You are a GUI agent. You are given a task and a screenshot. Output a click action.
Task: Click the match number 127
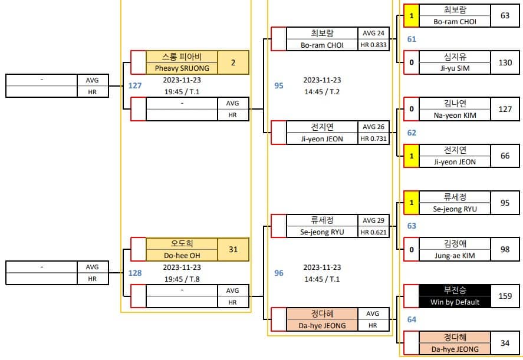(135, 85)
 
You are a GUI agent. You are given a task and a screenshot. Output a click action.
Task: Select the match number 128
(135, 273)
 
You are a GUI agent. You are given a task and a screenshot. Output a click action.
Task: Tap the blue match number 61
(412, 39)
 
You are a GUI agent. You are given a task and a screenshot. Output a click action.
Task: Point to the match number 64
(412, 320)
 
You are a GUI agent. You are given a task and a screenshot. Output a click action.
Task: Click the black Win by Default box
(455, 296)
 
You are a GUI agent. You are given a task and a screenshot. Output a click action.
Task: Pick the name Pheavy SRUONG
(182, 68)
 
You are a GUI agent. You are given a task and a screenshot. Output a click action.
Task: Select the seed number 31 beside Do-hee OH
(233, 249)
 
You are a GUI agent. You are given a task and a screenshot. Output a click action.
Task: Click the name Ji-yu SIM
(455, 68)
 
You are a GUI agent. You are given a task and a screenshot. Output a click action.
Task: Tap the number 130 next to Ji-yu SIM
(505, 62)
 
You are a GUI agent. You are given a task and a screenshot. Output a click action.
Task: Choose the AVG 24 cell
(374, 34)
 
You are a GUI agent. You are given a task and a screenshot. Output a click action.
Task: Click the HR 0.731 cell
(374, 138)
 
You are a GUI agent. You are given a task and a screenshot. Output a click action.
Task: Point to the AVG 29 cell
(374, 221)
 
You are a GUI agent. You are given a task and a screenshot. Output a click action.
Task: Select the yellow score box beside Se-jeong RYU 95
(412, 203)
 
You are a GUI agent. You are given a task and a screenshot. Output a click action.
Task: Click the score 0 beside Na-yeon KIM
(412, 109)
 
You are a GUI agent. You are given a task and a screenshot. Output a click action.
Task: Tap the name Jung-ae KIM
(455, 256)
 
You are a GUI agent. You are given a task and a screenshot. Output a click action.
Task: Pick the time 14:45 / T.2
(322, 92)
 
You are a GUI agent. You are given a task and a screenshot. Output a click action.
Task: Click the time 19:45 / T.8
(182, 279)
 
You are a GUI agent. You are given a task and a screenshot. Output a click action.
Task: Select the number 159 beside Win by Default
(505, 296)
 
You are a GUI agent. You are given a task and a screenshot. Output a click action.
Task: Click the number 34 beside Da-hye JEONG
(505, 343)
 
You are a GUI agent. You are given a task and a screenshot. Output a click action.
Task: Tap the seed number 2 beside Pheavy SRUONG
(233, 62)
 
